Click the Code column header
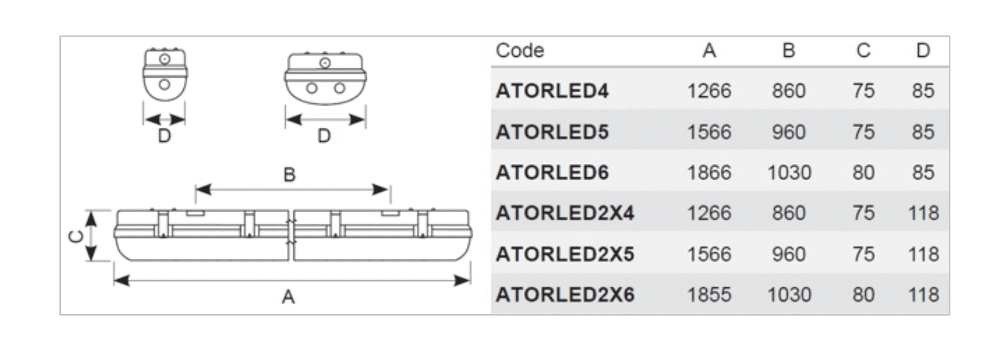520,50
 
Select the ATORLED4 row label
552,91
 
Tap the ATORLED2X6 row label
565,295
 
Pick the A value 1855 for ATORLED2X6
709,295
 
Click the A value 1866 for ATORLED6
709,172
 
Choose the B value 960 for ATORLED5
788,132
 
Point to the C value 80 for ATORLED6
863,172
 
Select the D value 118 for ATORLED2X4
923,213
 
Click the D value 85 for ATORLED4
923,91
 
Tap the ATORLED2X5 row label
565,254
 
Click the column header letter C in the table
863,50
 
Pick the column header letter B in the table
789,50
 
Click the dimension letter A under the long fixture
288,296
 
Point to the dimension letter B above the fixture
289,175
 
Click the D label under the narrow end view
164,136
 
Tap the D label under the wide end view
324,136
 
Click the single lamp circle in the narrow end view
164,84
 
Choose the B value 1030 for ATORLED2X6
789,295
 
